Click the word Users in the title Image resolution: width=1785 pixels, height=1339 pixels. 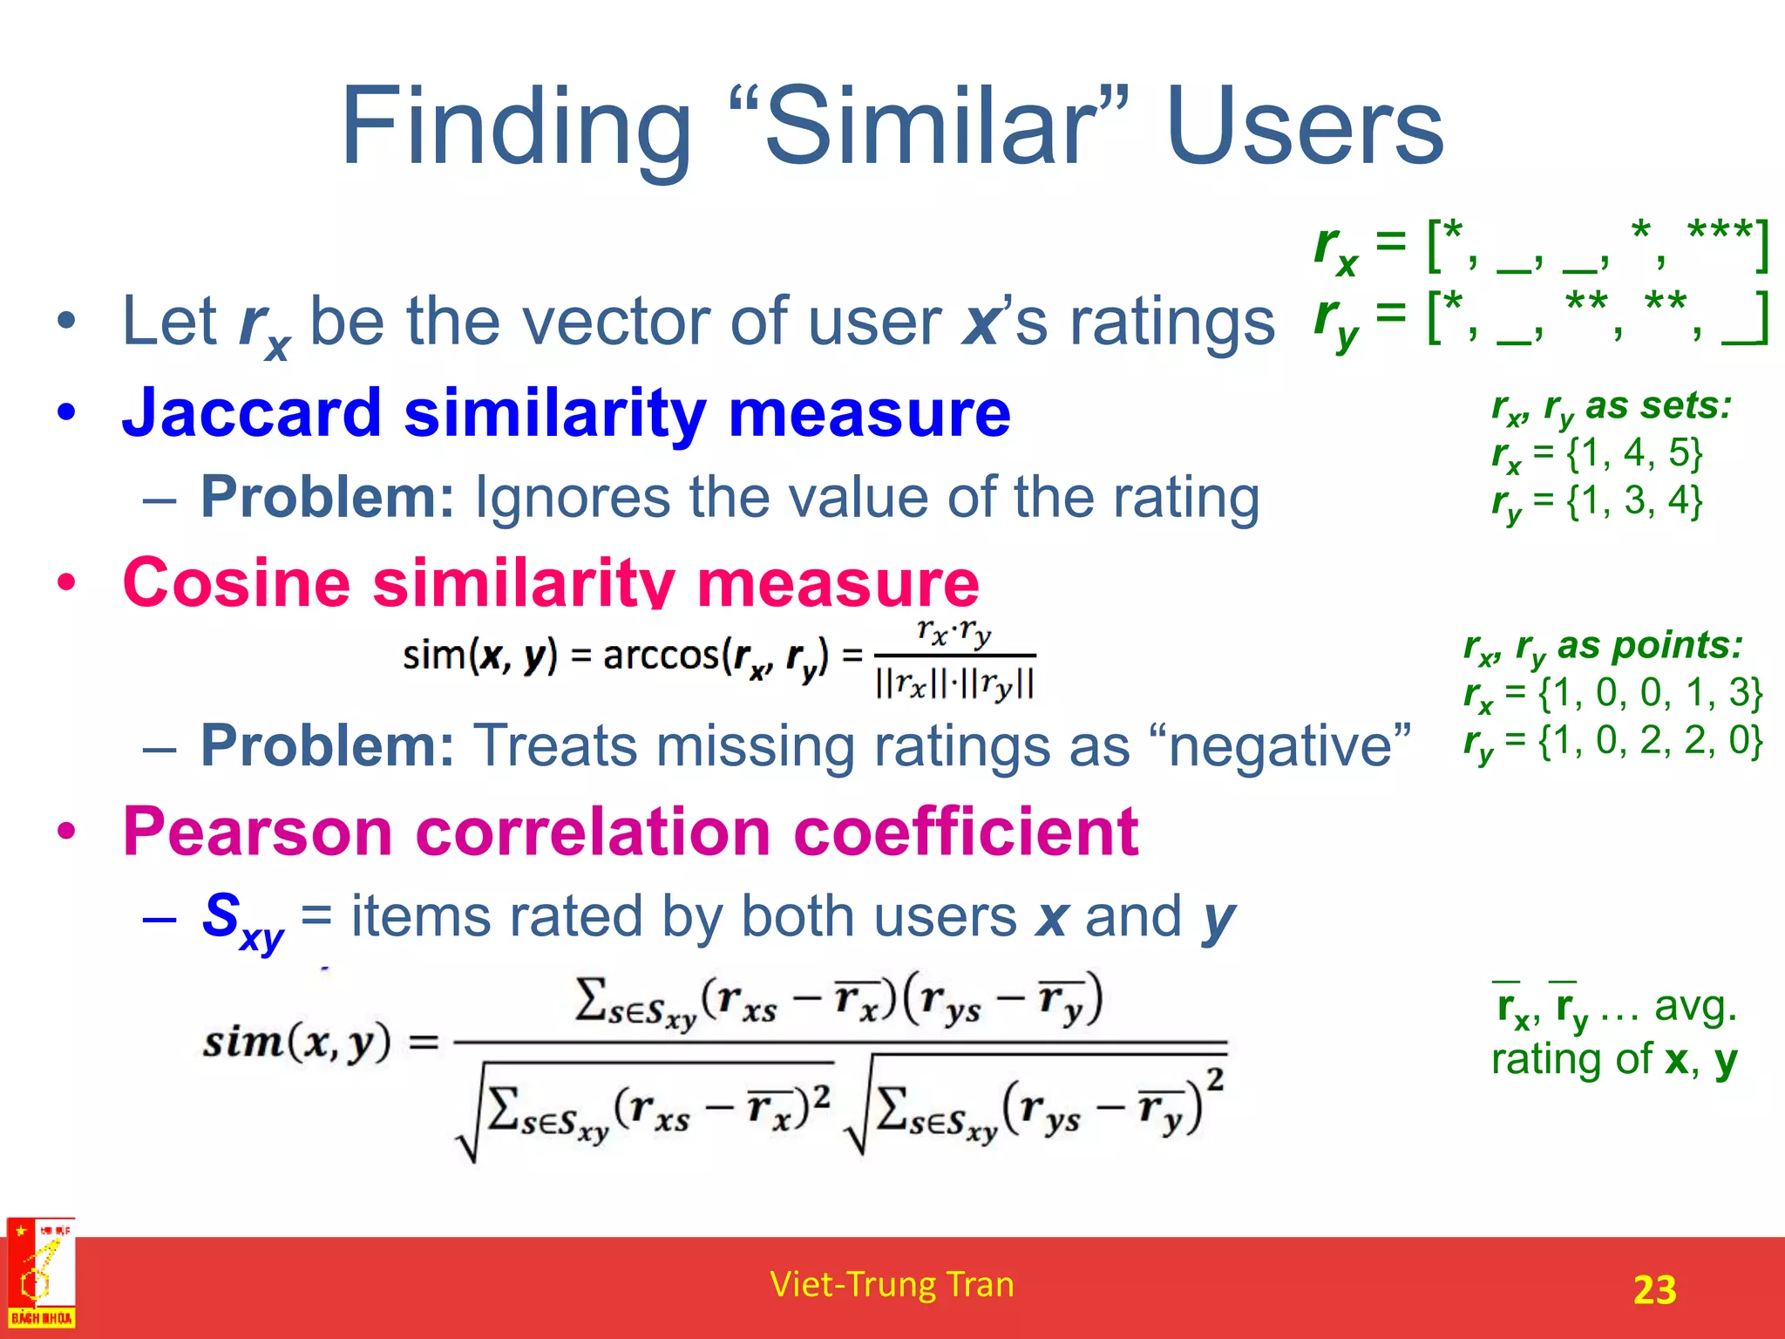[1304, 129]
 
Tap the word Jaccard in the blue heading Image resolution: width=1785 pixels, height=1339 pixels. [252, 413]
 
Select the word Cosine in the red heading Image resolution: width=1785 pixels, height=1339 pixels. [236, 582]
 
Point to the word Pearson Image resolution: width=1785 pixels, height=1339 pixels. [258, 832]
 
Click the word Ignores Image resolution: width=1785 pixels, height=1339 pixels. [572, 499]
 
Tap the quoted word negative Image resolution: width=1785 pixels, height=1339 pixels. [1289, 746]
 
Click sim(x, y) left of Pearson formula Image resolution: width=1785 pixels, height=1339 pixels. [296, 1043]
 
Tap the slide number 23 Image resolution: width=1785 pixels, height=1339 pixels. [1654, 1289]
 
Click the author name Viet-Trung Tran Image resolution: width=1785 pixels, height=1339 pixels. [892, 1285]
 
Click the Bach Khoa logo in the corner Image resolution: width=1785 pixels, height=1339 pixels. [40, 1274]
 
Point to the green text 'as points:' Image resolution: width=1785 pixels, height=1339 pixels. [1649, 646]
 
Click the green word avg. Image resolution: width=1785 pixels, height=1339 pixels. [1695, 1007]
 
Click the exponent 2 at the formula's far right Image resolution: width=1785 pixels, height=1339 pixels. [1216, 1079]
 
